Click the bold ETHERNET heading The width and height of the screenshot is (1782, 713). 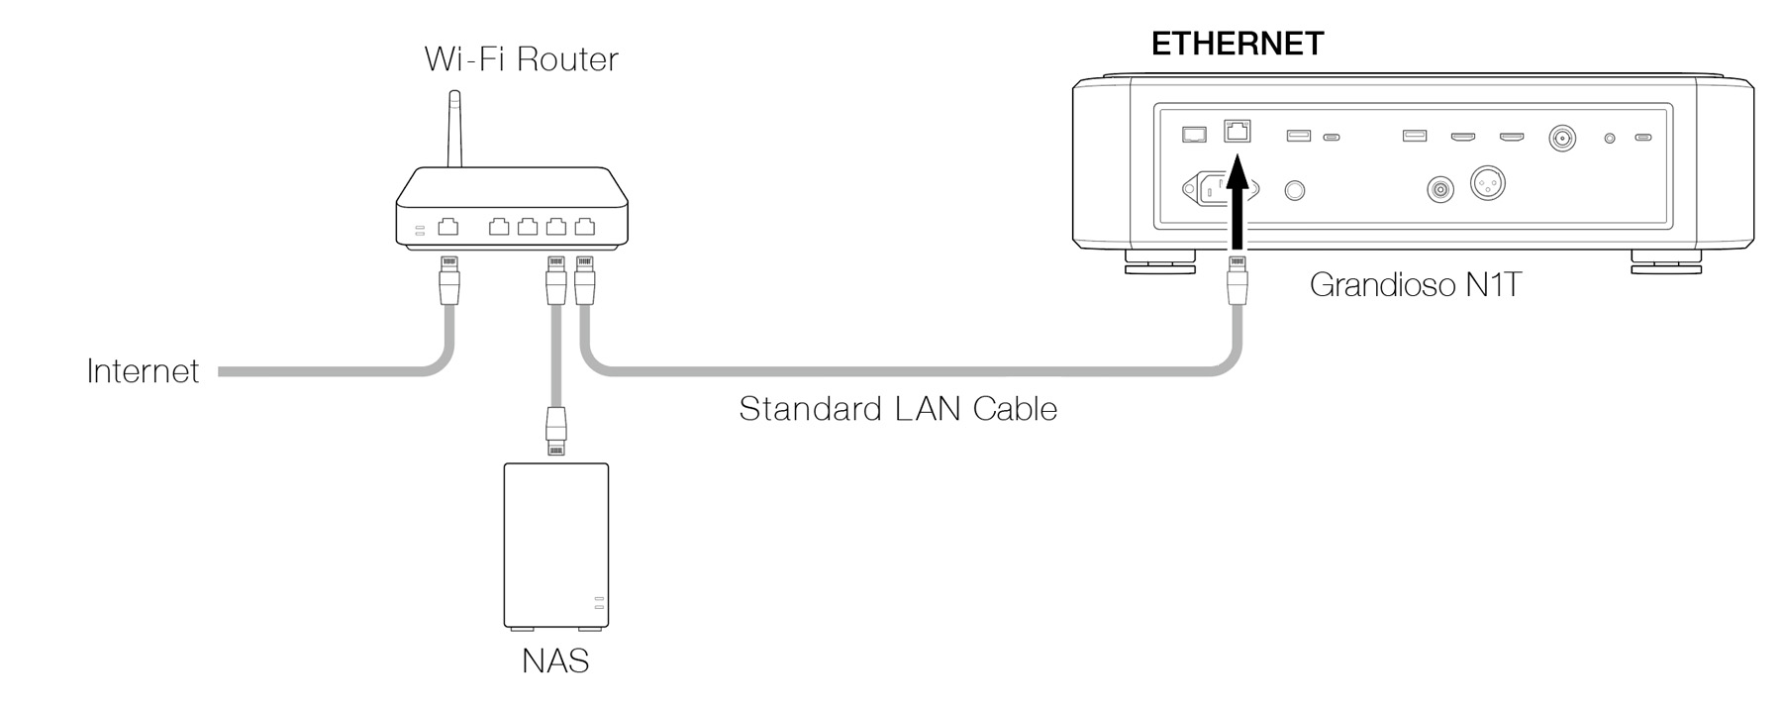(1237, 44)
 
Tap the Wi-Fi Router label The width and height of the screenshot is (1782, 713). (521, 59)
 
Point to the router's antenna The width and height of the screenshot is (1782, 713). (454, 129)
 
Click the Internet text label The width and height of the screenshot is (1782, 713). (143, 371)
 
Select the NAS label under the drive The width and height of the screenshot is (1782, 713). (555, 661)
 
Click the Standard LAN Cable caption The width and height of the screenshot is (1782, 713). (898, 409)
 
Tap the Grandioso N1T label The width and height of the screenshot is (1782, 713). (1415, 285)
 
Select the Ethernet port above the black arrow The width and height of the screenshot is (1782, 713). (1237, 131)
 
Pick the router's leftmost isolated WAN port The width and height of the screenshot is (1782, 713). (448, 227)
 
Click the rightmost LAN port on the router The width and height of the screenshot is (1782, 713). (585, 227)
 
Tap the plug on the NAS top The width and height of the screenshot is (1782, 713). (556, 432)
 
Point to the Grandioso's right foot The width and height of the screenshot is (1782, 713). (1665, 263)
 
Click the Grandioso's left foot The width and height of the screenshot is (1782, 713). (1159, 263)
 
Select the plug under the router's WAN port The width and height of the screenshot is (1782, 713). (448, 279)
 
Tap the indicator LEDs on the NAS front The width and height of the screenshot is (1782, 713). (598, 603)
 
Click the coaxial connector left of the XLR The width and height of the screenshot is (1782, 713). (1440, 188)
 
